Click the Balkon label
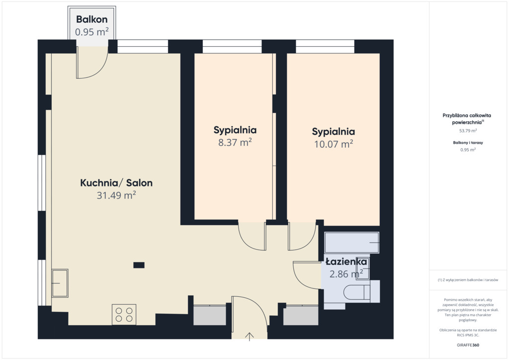click(92, 19)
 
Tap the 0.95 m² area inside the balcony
click(92, 32)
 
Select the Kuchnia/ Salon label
click(116, 183)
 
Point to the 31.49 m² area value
click(116, 195)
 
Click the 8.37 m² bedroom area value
click(235, 142)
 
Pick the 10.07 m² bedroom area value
click(334, 144)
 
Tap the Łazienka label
click(346, 262)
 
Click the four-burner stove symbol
click(124, 314)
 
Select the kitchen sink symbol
click(60, 283)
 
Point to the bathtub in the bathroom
click(351, 243)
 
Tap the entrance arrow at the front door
click(250, 337)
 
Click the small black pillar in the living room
click(139, 265)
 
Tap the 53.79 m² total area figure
click(468, 131)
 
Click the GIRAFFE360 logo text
click(468, 345)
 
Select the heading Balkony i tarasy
click(468, 143)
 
